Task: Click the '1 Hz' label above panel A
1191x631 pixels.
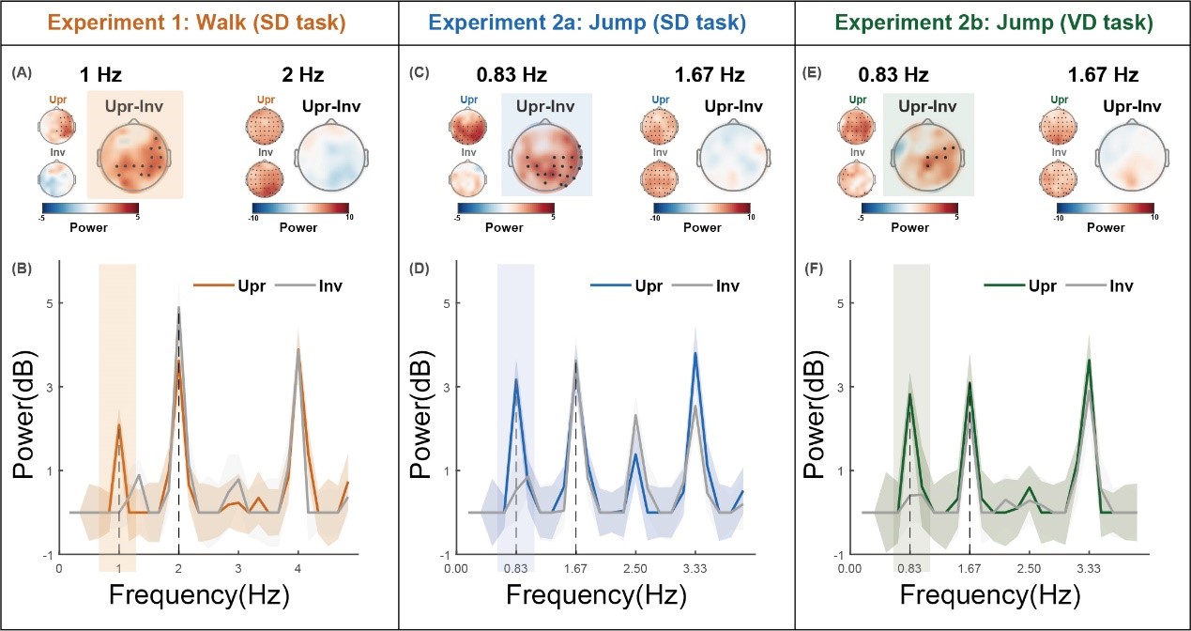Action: [x=100, y=74]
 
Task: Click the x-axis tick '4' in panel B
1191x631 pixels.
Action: [x=298, y=567]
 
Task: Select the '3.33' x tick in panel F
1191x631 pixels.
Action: [x=1089, y=567]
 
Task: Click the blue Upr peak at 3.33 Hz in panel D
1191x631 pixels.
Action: [x=695, y=353]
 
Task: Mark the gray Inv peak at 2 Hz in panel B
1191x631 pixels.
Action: [x=178, y=308]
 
